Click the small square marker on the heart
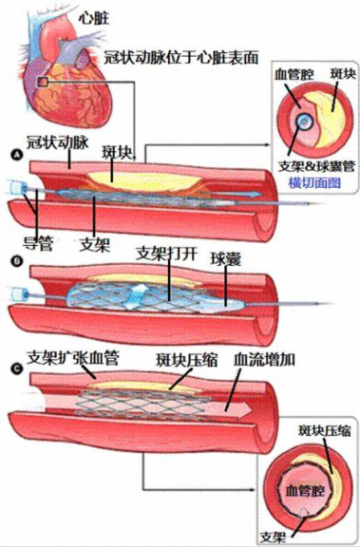coord(43,84)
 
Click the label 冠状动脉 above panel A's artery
coord(59,140)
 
